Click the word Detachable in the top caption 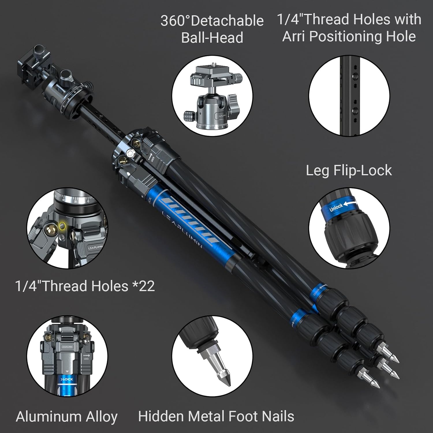click(227, 21)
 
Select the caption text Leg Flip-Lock click(349, 170)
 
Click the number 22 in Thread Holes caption click(147, 286)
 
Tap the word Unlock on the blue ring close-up click(336, 207)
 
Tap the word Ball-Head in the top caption click(212, 38)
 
